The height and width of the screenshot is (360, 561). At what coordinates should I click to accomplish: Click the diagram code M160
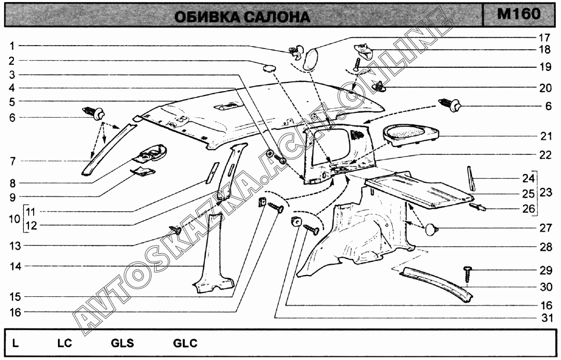tap(519, 14)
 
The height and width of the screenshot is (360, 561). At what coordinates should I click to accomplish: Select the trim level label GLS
tap(122, 343)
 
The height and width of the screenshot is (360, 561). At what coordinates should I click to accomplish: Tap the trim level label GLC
tap(185, 343)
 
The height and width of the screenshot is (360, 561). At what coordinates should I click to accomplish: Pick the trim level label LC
tap(64, 343)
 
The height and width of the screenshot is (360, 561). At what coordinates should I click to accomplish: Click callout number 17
tap(543, 37)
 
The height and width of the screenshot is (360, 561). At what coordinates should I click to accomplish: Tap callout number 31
tap(543, 318)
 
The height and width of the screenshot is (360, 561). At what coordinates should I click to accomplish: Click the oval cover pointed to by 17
tap(311, 57)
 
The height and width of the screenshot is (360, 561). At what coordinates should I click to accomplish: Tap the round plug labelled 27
tap(431, 229)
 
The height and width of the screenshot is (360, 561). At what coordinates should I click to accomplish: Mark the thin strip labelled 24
tap(472, 178)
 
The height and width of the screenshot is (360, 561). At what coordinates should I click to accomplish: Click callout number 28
tap(543, 248)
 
